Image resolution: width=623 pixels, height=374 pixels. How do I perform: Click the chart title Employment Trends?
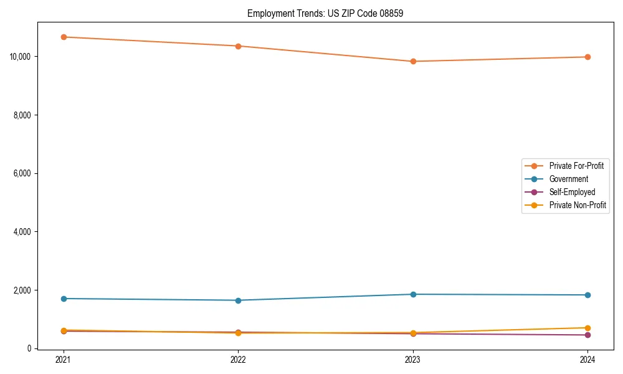coord(325,13)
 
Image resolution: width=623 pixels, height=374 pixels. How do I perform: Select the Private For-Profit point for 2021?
coord(64,37)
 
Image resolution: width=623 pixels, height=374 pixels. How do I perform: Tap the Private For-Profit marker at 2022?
coord(238,46)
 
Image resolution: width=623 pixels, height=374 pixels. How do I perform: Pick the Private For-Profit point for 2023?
coord(413,61)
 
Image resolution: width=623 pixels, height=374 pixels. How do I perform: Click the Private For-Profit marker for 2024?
coord(587,57)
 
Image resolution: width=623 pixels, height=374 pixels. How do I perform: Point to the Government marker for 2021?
coord(64,299)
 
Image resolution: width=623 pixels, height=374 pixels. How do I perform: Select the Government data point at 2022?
coord(238,300)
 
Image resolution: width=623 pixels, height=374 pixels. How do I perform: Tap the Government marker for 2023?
coord(413,294)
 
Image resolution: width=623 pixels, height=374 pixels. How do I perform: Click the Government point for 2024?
coord(587,295)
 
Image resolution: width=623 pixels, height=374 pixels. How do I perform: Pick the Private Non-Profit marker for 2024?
coord(587,328)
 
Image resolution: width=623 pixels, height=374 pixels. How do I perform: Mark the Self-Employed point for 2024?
coord(587,335)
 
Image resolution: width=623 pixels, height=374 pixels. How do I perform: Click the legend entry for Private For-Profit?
coord(576,166)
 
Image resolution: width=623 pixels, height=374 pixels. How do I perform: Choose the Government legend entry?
coord(568,179)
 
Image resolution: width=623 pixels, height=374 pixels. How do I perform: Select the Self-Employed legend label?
coord(572,192)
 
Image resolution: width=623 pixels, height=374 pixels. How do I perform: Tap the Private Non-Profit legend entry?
coord(578,205)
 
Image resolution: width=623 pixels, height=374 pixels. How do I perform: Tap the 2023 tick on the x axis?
coord(413,360)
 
